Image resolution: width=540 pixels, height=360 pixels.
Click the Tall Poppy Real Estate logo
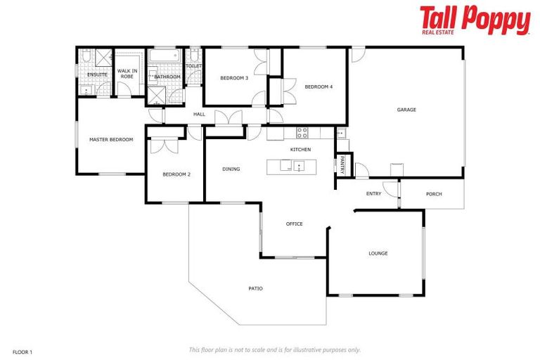pos(475,20)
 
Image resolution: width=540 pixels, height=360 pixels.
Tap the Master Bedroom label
pos(111,139)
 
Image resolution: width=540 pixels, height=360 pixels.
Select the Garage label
pos(406,110)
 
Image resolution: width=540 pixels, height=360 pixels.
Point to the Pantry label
pos(342,165)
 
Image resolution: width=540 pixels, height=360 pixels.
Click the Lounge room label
pos(378,253)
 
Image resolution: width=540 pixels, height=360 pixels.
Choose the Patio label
pos(255,288)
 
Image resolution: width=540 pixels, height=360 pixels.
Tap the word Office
pos(294,224)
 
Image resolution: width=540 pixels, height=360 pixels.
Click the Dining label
pos(231,169)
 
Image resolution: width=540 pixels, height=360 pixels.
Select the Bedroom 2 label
pos(176,174)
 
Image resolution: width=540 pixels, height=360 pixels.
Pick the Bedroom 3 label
pos(234,78)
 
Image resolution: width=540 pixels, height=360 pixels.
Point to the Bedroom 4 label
pos(319,86)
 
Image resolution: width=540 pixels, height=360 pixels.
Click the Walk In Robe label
pos(127,73)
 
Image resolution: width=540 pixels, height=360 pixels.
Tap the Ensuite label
pos(97,75)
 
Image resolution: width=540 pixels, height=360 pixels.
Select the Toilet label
pos(194,66)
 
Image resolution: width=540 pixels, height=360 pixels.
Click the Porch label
pos(434,194)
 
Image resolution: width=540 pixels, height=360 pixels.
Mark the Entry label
pos(373,194)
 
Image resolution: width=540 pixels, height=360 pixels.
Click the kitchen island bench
pos(292,167)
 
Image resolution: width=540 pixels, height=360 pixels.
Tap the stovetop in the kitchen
pos(302,131)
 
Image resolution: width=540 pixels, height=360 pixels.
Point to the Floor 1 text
pos(22,351)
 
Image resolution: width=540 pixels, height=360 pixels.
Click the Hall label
pos(199,114)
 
